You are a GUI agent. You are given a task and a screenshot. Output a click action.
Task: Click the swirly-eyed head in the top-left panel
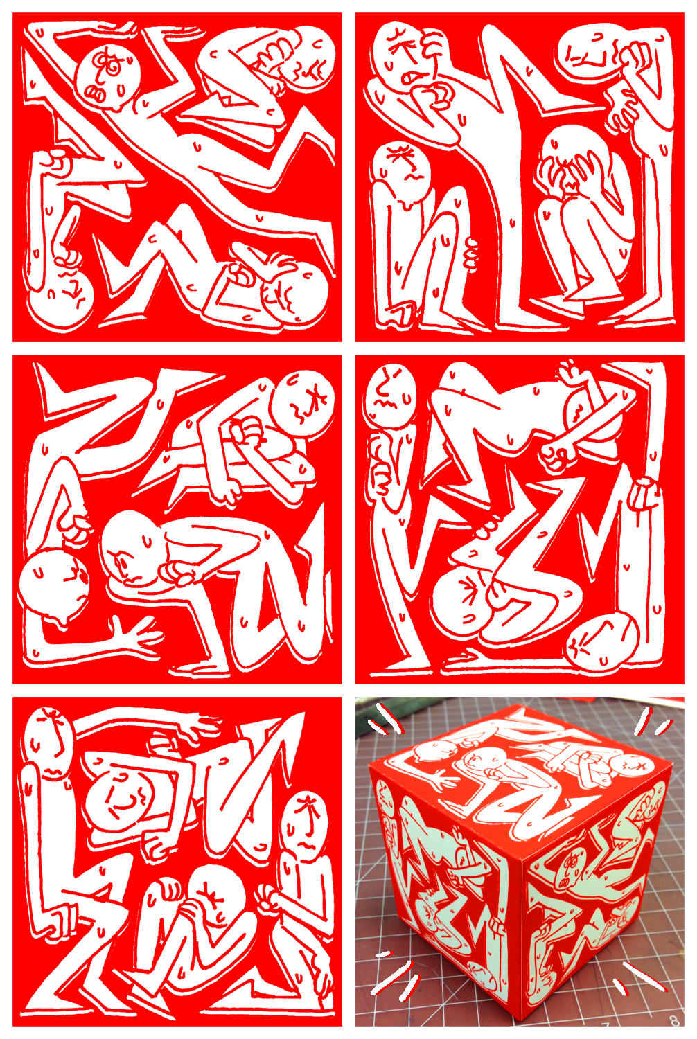(108, 76)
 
